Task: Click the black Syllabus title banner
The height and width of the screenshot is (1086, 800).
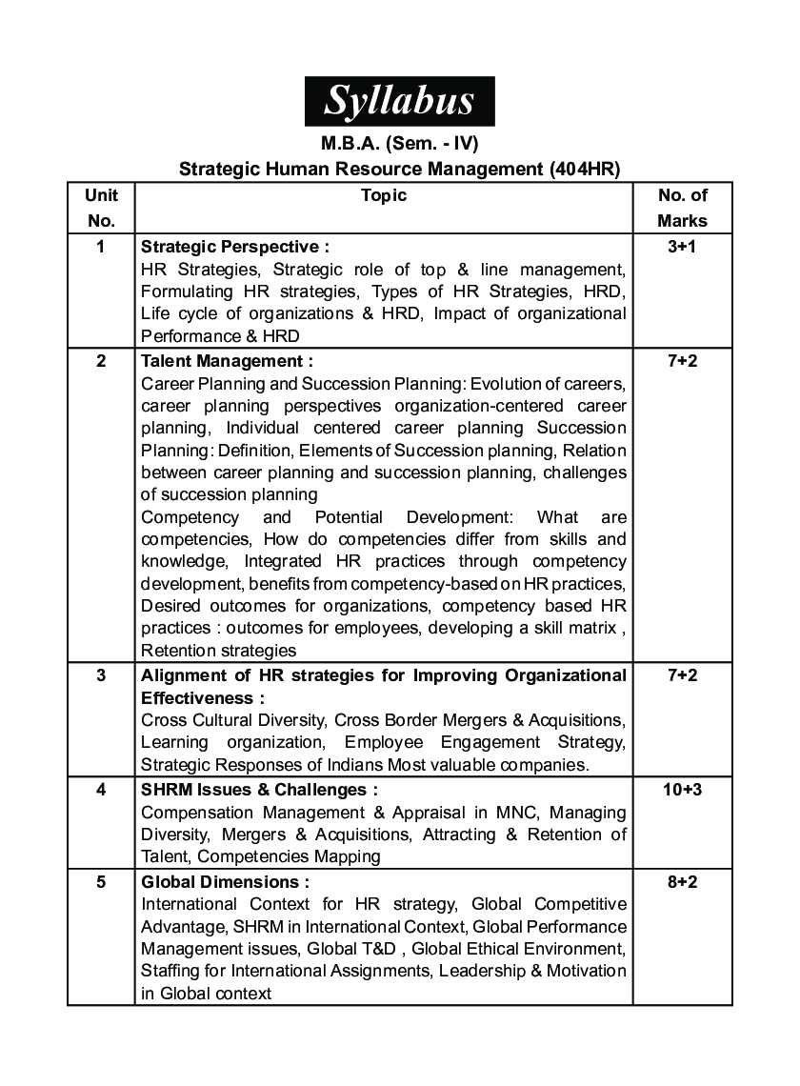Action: [x=399, y=101]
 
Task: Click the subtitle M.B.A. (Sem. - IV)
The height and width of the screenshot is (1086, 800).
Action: [x=399, y=145]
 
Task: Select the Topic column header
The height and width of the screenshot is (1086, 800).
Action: [x=384, y=195]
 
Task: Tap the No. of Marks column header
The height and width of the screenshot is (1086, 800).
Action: [x=682, y=208]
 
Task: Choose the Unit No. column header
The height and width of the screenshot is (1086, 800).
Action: [x=101, y=208]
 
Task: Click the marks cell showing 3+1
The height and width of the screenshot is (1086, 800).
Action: [x=682, y=246]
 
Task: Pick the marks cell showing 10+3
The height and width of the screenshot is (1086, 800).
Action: [x=682, y=790]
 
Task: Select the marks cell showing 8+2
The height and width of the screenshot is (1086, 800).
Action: [x=682, y=882]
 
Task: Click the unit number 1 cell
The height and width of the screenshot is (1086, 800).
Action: [x=101, y=246]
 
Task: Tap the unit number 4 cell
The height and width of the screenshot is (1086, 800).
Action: [x=101, y=790]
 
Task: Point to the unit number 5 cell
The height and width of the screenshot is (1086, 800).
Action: [x=101, y=882]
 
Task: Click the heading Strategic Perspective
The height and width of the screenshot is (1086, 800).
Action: [x=234, y=246]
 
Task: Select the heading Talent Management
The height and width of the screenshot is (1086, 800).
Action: [x=227, y=361]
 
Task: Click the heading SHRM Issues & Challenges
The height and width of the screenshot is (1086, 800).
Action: [x=259, y=790]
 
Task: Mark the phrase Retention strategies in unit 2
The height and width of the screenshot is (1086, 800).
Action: [x=218, y=651]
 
